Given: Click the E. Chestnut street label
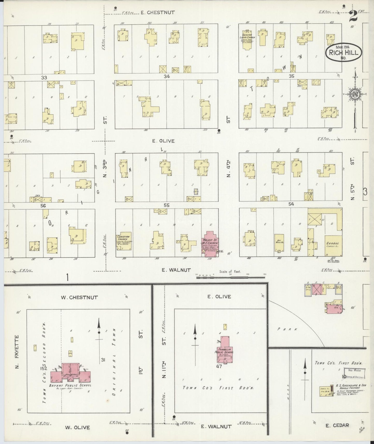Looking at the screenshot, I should (x=158, y=12).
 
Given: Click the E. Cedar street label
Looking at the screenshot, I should (x=337, y=425).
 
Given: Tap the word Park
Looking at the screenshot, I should (x=287, y=330).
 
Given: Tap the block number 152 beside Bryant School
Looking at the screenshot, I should (x=43, y=368).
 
